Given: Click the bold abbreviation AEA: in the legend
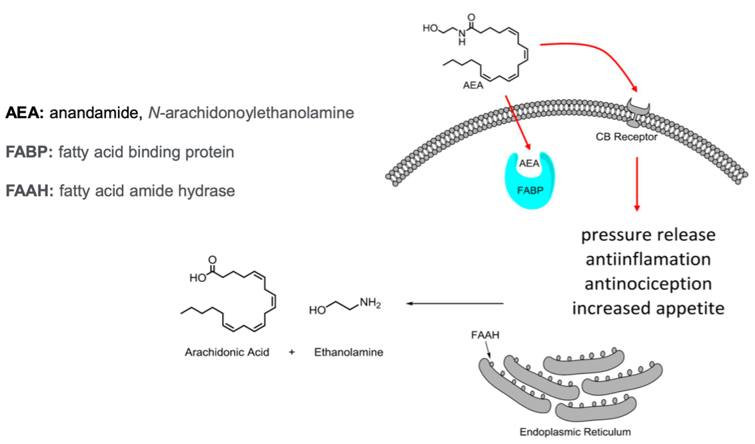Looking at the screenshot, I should (25, 113).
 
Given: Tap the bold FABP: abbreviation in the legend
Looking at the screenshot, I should (29, 152).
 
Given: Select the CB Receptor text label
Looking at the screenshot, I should (627, 138).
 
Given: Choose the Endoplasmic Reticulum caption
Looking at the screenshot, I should (575, 431).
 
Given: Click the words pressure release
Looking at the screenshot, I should (648, 235).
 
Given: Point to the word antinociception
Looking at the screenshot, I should (648, 284).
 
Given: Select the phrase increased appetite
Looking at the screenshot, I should (648, 309).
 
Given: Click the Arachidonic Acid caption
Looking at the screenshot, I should (227, 352).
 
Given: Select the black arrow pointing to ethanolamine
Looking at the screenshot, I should (454, 304).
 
